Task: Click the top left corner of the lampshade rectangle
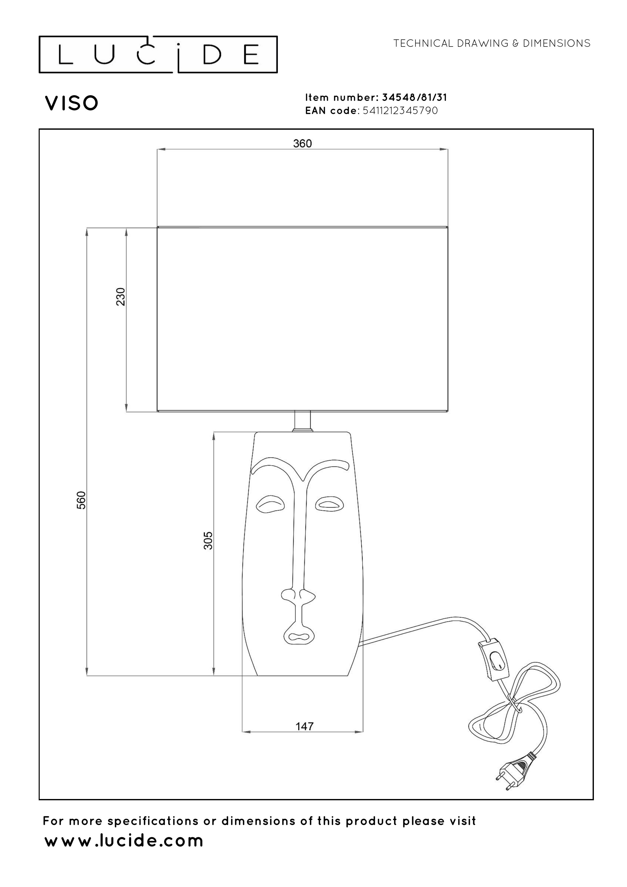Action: click(x=157, y=227)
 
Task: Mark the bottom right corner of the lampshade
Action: click(x=448, y=413)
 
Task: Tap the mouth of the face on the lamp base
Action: click(x=299, y=635)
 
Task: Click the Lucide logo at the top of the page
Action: click(x=158, y=54)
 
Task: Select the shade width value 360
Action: click(x=302, y=144)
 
